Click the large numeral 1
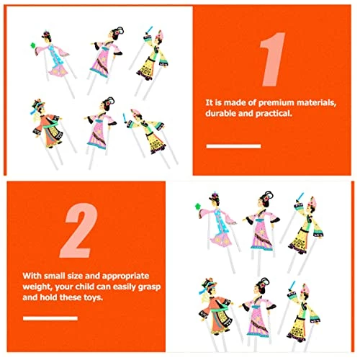pyautogui.click(x=274, y=59)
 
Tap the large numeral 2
pyautogui.click(x=78, y=230)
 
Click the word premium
pyautogui.click(x=276, y=103)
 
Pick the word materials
pyautogui.click(x=316, y=103)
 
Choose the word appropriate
pyautogui.click(x=126, y=276)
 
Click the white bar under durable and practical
pyautogui.click(x=233, y=146)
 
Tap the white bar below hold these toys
pyautogui.click(x=50, y=318)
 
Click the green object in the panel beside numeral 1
pyautogui.click(x=33, y=45)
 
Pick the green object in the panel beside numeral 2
pyautogui.click(x=198, y=206)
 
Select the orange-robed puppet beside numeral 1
pyautogui.click(x=47, y=125)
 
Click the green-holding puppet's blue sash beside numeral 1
pyautogui.click(x=55, y=57)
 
